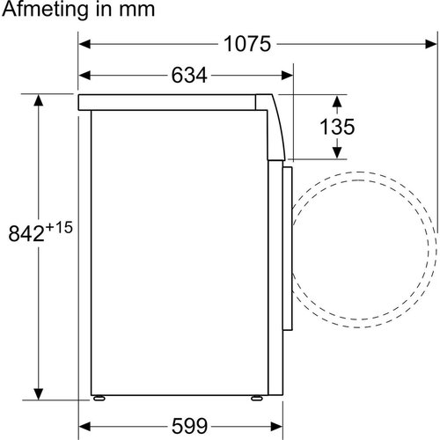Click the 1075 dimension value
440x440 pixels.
click(x=247, y=44)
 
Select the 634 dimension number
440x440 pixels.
click(x=189, y=75)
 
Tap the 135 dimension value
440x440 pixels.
click(x=337, y=127)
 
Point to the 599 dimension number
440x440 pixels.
click(x=189, y=426)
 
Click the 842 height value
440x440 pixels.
click(x=26, y=234)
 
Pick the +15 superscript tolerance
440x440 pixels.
click(x=59, y=228)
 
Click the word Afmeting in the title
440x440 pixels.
click(x=43, y=10)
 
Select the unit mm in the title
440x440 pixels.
click(x=136, y=11)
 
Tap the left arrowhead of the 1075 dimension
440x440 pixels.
click(x=84, y=44)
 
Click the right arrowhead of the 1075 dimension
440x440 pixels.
click(x=431, y=44)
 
